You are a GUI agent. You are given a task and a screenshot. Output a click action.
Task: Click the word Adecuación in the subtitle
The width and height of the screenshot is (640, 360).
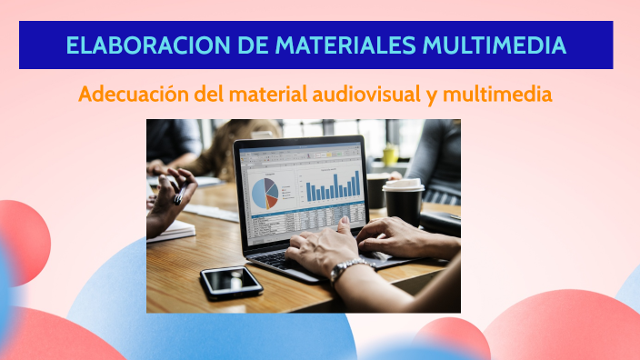pos(133,94)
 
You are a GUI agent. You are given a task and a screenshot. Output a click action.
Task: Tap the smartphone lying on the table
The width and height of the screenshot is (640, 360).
pos(231,281)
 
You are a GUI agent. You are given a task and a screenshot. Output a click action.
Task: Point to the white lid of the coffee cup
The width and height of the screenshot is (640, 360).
pos(403,185)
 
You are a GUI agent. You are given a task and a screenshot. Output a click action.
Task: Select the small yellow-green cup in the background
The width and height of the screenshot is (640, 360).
pos(390,155)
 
